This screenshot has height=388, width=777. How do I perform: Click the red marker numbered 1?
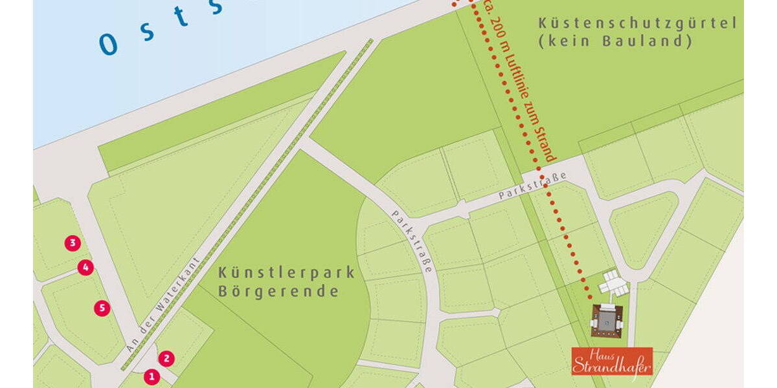click(152, 376)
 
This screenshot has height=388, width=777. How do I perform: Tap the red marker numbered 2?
click(166, 358)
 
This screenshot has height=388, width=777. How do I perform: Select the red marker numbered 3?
click(73, 243)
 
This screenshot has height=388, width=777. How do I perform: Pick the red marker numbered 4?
click(85, 267)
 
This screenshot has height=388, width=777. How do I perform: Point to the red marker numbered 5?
click(102, 308)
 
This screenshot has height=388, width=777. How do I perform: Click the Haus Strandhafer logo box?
click(611, 361)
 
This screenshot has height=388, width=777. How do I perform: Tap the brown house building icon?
click(607, 319)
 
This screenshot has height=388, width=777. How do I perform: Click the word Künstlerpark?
click(287, 272)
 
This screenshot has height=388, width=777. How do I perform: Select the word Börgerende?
click(278, 292)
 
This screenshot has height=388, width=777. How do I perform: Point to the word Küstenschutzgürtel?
click(638, 24)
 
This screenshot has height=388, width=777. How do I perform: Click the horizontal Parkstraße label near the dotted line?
click(533, 185)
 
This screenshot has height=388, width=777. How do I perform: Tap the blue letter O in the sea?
click(109, 44)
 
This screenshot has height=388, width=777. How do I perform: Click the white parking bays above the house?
click(612, 282)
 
